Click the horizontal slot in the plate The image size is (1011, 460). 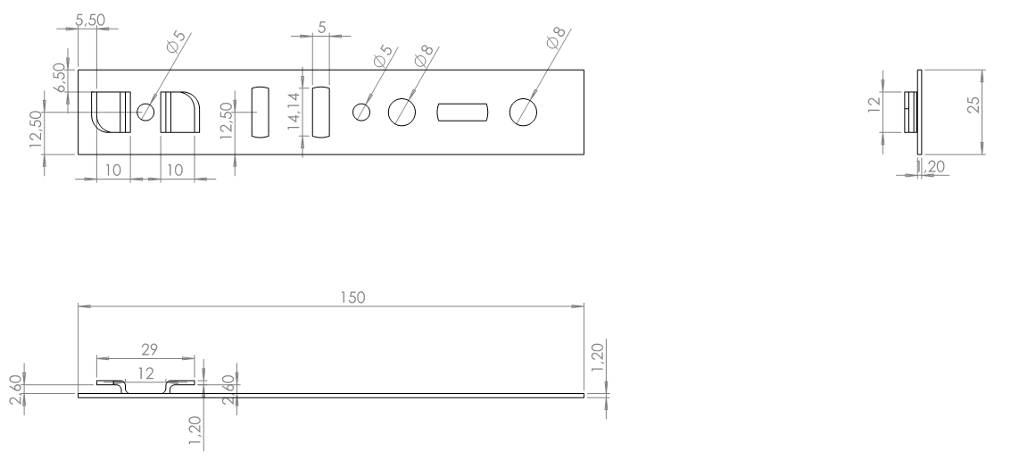[462, 112]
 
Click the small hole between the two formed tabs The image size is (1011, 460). [145, 112]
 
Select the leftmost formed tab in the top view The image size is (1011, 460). [111, 112]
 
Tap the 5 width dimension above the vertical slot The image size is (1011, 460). [320, 27]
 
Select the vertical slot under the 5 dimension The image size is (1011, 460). [320, 112]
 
